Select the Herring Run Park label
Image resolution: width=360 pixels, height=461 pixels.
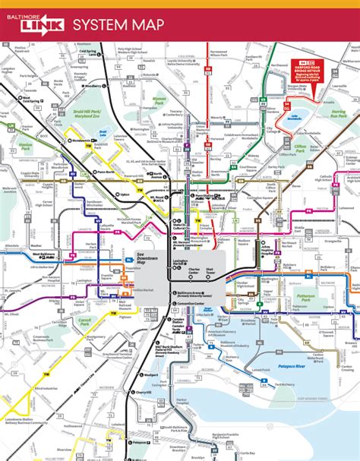click(x=339, y=115)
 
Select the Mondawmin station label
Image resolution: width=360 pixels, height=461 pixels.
click(x=79, y=140)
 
